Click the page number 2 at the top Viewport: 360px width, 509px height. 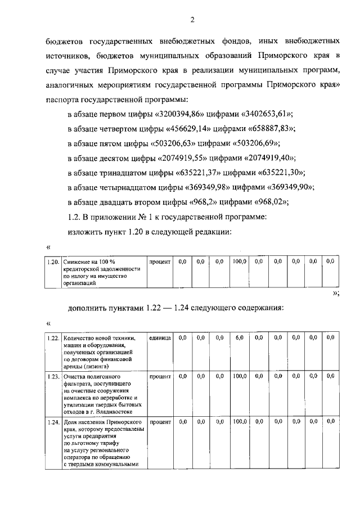pos(192,21)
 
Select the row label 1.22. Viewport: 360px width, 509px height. pos(53,337)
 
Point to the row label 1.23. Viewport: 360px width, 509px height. pos(53,376)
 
